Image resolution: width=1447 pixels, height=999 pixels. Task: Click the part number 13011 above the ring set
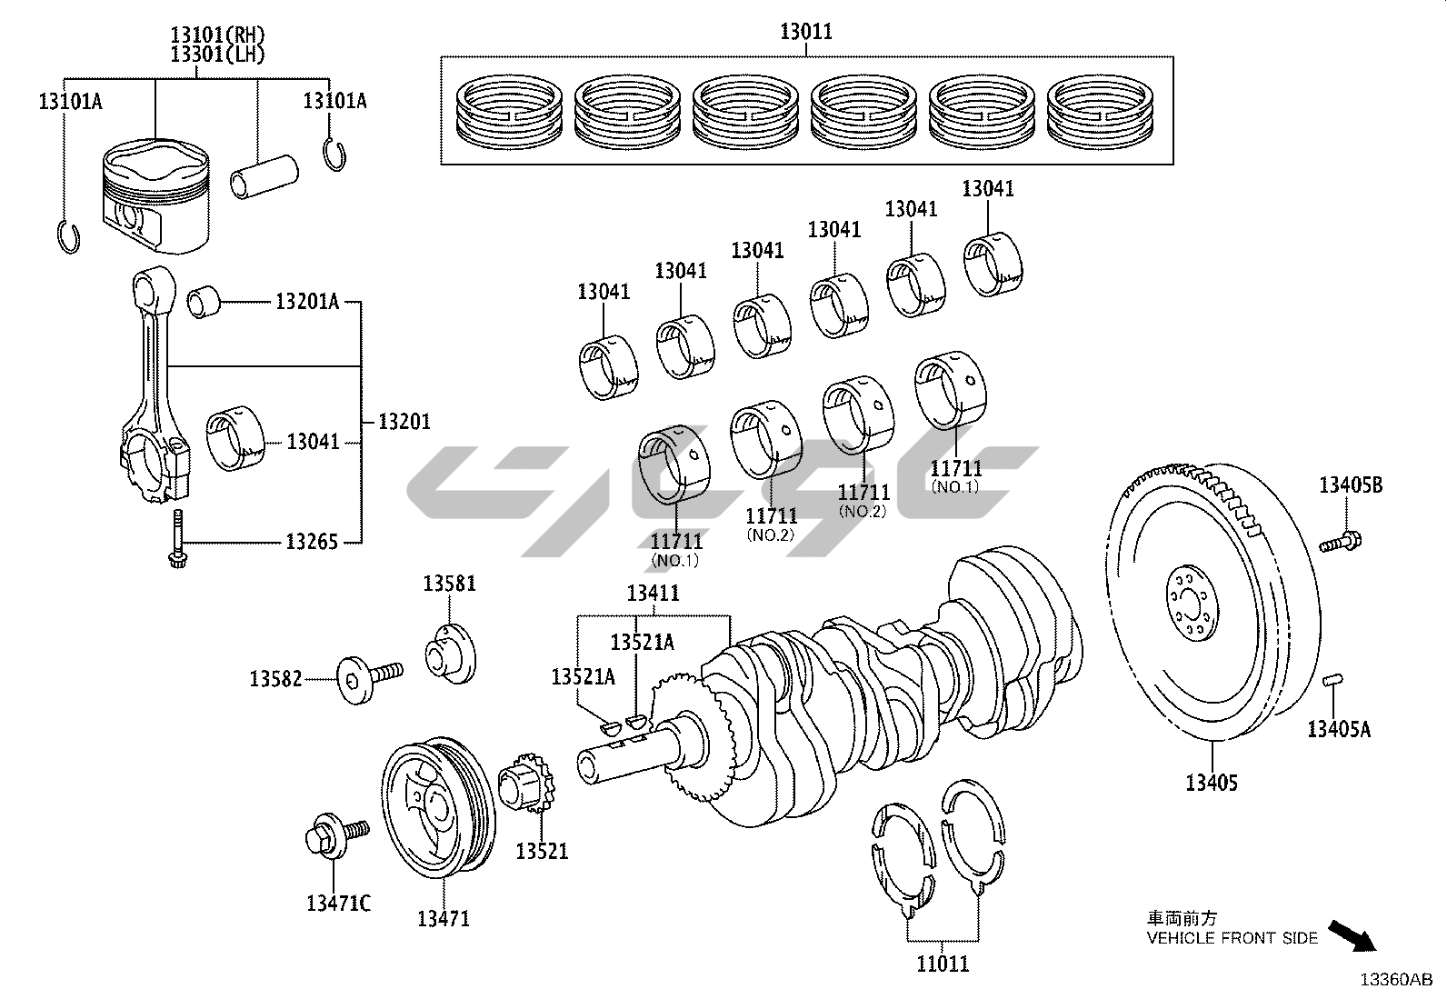click(x=805, y=33)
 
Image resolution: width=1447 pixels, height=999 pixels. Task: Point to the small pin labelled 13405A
click(x=1333, y=679)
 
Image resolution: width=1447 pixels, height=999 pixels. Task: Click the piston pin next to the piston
click(x=265, y=175)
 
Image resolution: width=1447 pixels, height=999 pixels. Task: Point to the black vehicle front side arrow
click(x=1352, y=935)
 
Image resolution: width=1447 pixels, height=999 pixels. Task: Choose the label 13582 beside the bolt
click(x=275, y=678)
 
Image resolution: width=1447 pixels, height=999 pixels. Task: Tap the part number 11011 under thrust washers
click(x=943, y=964)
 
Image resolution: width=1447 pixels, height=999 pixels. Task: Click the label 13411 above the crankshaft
click(x=653, y=594)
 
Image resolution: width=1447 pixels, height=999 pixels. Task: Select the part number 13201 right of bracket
click(x=404, y=421)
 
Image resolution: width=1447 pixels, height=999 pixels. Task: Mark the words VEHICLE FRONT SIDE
click(x=1232, y=938)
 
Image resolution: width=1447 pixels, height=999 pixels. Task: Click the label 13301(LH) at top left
click(x=217, y=55)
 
